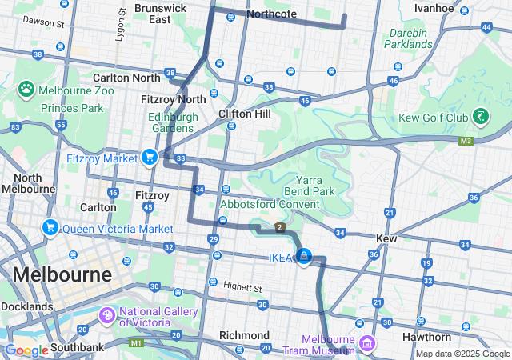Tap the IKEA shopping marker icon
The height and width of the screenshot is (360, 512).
(x=304, y=256)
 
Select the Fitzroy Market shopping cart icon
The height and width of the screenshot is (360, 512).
(x=149, y=158)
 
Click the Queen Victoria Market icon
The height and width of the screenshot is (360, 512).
(x=51, y=228)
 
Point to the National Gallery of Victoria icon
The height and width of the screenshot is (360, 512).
(x=106, y=318)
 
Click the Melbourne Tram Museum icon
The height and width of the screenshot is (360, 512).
(x=367, y=344)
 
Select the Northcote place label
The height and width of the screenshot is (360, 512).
(x=271, y=14)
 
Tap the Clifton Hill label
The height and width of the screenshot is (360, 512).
(x=245, y=114)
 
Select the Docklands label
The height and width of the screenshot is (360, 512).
(x=26, y=306)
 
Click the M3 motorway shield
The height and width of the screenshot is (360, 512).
(x=466, y=141)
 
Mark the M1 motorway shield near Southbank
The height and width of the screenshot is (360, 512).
(x=136, y=342)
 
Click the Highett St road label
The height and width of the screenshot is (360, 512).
(x=243, y=287)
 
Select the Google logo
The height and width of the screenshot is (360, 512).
(x=26, y=350)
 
